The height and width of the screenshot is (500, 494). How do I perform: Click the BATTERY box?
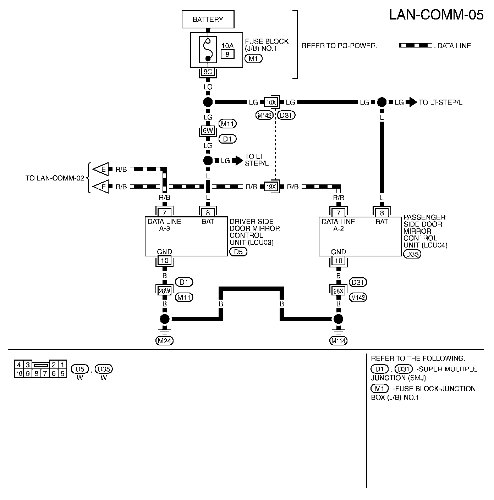[x=208, y=19]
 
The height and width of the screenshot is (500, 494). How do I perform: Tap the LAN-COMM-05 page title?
[x=436, y=15]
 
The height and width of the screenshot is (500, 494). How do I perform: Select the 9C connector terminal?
[x=208, y=72]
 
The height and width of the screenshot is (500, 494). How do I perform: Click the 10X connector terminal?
[x=271, y=102]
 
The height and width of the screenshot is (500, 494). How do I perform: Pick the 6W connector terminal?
[x=208, y=130]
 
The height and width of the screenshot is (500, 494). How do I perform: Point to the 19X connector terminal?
[x=271, y=187]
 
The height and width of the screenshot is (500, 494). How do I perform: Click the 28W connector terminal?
[x=164, y=291]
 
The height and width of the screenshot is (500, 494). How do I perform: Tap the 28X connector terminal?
[x=339, y=291]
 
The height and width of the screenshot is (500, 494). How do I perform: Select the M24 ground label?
[x=164, y=341]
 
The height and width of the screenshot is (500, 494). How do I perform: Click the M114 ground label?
[x=339, y=341]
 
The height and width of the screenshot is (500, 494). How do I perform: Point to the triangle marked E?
[x=101, y=170]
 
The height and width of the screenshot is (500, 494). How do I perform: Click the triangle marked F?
[x=101, y=187]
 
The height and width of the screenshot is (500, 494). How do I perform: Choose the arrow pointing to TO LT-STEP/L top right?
[x=411, y=102]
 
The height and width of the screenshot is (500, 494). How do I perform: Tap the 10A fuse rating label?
[x=227, y=46]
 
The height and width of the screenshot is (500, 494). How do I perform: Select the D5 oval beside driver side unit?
[x=238, y=252]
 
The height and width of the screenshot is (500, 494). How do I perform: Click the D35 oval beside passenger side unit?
[x=412, y=254]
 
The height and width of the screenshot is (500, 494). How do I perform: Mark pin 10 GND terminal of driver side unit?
[x=164, y=261]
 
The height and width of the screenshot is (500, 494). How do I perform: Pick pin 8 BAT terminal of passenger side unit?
[x=382, y=213]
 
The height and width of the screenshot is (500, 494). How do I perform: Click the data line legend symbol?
[x=415, y=46]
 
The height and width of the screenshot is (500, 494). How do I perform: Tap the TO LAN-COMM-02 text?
[x=55, y=178]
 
